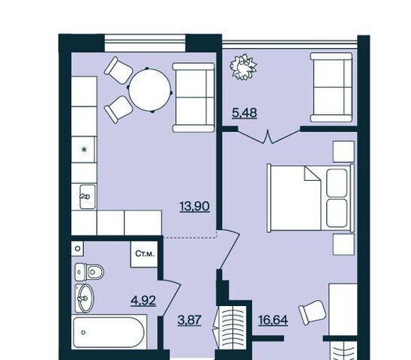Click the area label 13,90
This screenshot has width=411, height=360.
coord(195,206)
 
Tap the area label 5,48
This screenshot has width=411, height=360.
coord(244,113)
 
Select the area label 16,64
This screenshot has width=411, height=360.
coord(273,320)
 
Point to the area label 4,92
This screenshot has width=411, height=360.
coord(143,301)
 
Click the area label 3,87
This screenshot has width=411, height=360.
coord(189,320)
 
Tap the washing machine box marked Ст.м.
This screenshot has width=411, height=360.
coord(145,253)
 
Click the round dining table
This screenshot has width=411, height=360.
coord(150,90)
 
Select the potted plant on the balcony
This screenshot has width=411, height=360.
coord(244,67)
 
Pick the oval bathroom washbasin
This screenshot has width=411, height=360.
coord(84,298)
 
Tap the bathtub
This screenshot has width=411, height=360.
coord(109,332)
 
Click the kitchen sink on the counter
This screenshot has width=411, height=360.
coord(88,196)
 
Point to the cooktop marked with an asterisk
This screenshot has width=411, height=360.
coord(83,149)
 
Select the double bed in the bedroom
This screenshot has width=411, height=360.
coord(310,198)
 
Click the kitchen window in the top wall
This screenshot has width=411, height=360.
coord(145,43)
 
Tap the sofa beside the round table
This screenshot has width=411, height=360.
coord(193,97)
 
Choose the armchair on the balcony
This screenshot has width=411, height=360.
coord(331,87)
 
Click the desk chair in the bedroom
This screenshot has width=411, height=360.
coord(313,313)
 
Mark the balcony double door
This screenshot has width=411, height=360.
coord(269,136)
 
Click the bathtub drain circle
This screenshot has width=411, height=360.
coord(83,332)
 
